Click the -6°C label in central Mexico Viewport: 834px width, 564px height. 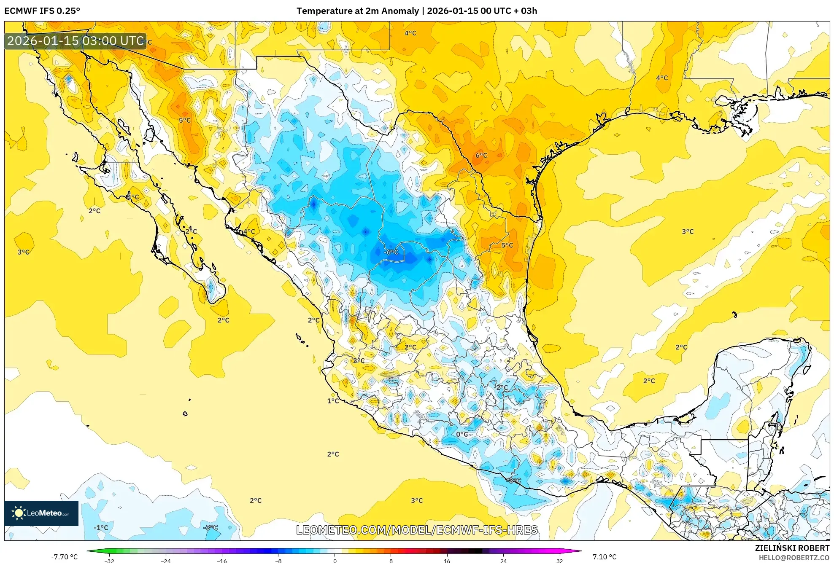(x=391, y=252)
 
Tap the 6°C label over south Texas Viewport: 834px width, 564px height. (x=481, y=155)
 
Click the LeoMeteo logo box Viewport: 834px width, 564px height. (x=41, y=513)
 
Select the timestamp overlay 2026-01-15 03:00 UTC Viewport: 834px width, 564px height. (x=76, y=41)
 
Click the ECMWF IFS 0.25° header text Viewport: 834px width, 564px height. (x=42, y=11)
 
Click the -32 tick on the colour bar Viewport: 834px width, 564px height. (x=109, y=561)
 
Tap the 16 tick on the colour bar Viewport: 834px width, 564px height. (x=447, y=561)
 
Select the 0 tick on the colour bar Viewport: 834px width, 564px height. (x=335, y=561)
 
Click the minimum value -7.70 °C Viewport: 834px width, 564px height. (x=64, y=557)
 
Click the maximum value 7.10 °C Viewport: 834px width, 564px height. (x=604, y=557)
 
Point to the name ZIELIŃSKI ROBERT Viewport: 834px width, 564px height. (x=792, y=548)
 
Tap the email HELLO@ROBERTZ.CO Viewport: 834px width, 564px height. (x=794, y=558)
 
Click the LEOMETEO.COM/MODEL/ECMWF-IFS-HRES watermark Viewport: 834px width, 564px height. (x=417, y=530)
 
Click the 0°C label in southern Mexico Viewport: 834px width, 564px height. (x=462, y=434)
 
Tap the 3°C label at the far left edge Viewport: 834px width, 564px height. (x=23, y=252)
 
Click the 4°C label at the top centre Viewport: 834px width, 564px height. (x=410, y=33)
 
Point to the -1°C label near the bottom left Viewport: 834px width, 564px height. (x=101, y=527)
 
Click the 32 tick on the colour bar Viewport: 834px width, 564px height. (x=559, y=561)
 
